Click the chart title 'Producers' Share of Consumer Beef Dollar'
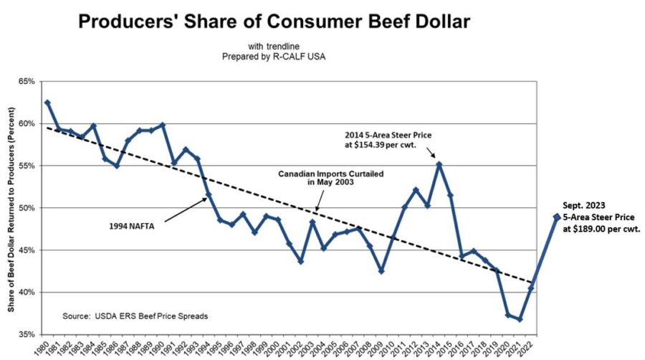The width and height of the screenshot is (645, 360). coord(274,22)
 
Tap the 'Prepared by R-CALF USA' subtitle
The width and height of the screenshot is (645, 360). coord(274,55)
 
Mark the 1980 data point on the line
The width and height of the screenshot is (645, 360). coord(47,103)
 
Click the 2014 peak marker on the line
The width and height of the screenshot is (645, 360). coord(439,164)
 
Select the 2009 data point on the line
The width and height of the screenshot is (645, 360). coord(381,271)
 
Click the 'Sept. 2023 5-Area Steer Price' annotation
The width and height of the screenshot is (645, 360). coord(601,216)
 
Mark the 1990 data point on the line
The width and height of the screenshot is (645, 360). coord(163,125)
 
